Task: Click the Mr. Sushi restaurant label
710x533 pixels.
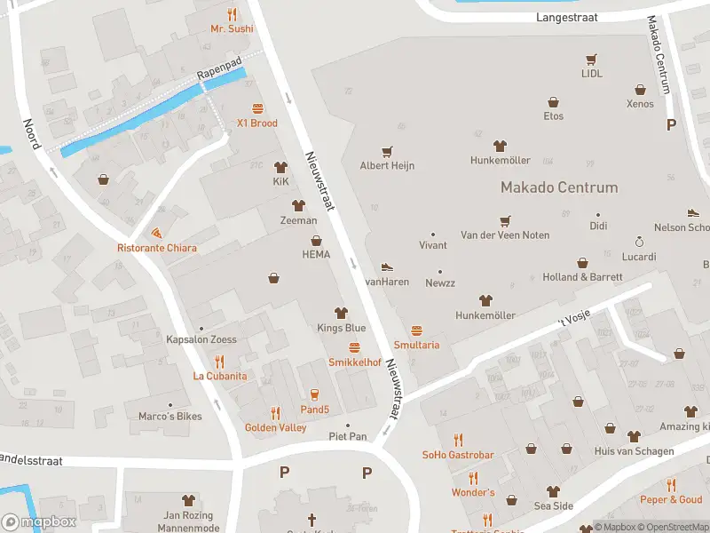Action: (x=232, y=28)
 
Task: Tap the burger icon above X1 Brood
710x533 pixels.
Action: (x=257, y=108)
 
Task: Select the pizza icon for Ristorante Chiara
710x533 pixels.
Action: (x=157, y=233)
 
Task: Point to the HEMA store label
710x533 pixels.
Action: (x=315, y=254)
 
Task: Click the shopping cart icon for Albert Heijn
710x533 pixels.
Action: (x=387, y=152)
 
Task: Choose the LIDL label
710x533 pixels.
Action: (x=591, y=74)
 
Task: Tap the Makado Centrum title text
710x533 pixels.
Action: (x=559, y=187)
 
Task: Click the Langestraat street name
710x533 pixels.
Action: (x=567, y=17)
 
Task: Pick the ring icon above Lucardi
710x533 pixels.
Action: (x=638, y=242)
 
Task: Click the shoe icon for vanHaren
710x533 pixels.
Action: (x=386, y=266)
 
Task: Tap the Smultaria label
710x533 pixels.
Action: (x=416, y=345)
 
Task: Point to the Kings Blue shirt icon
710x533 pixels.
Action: (x=341, y=313)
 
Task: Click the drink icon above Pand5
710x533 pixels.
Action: (x=314, y=394)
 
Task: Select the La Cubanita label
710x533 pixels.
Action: (x=220, y=376)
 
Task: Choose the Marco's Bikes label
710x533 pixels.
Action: (x=170, y=416)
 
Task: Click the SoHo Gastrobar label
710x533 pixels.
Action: (x=458, y=455)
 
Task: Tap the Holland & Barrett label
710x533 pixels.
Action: (x=582, y=277)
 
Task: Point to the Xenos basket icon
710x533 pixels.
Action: (x=640, y=89)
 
